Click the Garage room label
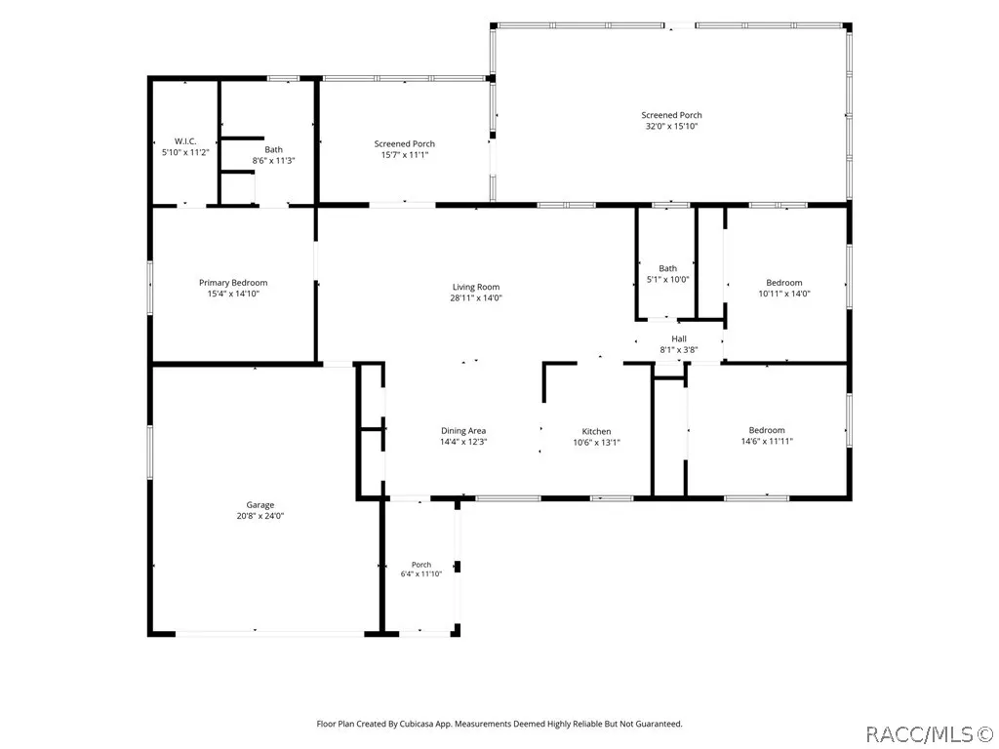pyautogui.click(x=260, y=505)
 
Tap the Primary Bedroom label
pyautogui.click(x=233, y=283)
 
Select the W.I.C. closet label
pyautogui.click(x=185, y=141)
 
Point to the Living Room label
pyautogui.click(x=476, y=288)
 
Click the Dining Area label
pyautogui.click(x=463, y=431)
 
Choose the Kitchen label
pyautogui.click(x=596, y=432)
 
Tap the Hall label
pyautogui.click(x=679, y=338)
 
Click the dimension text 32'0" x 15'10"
pyautogui.click(x=671, y=126)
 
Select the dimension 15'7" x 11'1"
pyautogui.click(x=405, y=155)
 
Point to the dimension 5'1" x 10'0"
pyautogui.click(x=667, y=279)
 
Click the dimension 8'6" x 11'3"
pyautogui.click(x=273, y=161)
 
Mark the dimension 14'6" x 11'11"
pyautogui.click(x=767, y=441)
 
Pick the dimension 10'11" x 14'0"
pyautogui.click(x=784, y=294)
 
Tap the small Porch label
pyautogui.click(x=421, y=565)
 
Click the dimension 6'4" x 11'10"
pyautogui.click(x=421, y=573)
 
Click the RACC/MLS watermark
pyautogui.click(x=930, y=735)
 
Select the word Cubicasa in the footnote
pyautogui.click(x=418, y=725)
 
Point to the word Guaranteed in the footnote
pyautogui.click(x=659, y=725)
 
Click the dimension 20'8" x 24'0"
pyautogui.click(x=260, y=516)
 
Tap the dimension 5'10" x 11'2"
pyautogui.click(x=185, y=153)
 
